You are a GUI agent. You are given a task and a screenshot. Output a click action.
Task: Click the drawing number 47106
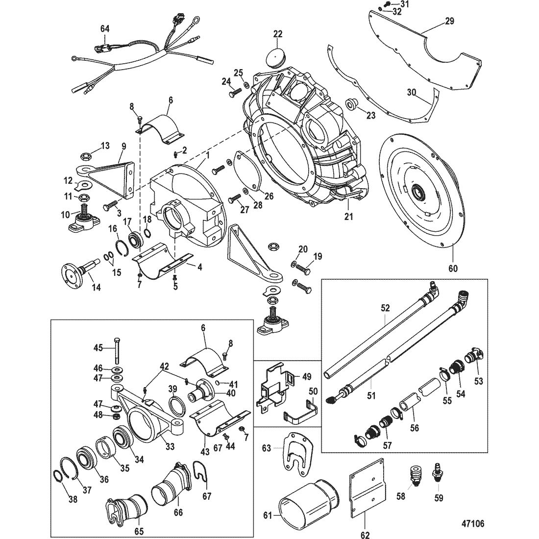tap(472, 523)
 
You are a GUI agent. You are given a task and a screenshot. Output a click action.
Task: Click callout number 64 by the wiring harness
tap(105, 29)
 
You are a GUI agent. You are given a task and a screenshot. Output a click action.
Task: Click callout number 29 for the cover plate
tap(449, 21)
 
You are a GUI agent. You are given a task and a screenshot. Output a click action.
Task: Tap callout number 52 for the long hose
tap(385, 308)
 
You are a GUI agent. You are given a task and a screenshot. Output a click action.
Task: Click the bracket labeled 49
tap(273, 388)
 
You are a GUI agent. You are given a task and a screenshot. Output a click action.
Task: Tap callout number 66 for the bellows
tap(178, 513)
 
